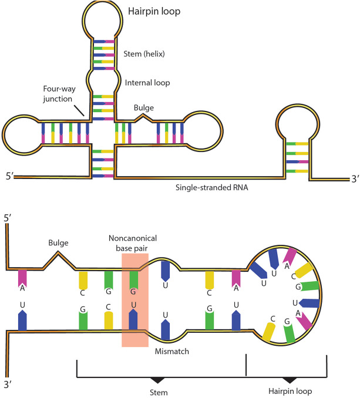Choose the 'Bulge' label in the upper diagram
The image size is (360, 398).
140,107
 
